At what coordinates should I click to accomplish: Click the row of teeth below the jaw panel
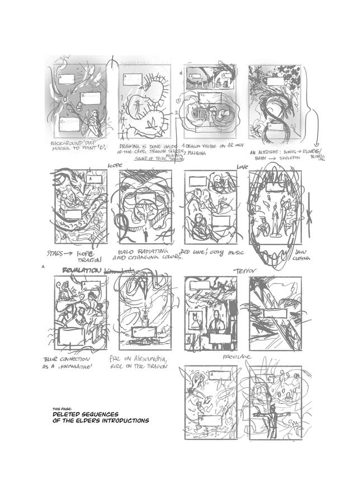276,259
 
